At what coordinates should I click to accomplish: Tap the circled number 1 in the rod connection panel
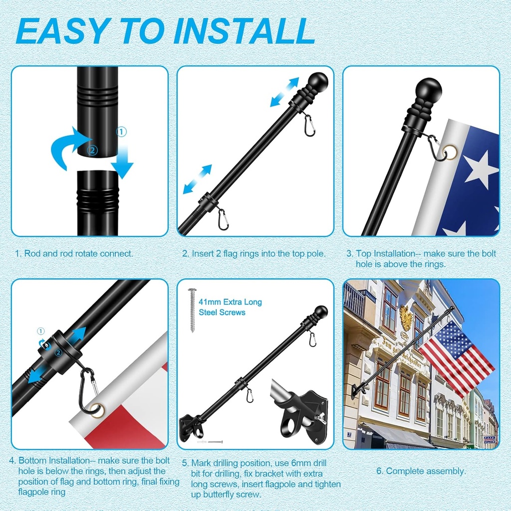[121, 132]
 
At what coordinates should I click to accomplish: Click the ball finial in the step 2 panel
[316, 83]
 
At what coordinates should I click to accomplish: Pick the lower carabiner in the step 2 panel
[223, 220]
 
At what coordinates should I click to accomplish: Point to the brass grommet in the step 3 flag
[451, 152]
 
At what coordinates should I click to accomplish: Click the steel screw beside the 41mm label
[192, 309]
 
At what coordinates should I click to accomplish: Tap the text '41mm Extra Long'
[230, 302]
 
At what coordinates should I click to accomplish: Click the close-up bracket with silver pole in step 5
[299, 409]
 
